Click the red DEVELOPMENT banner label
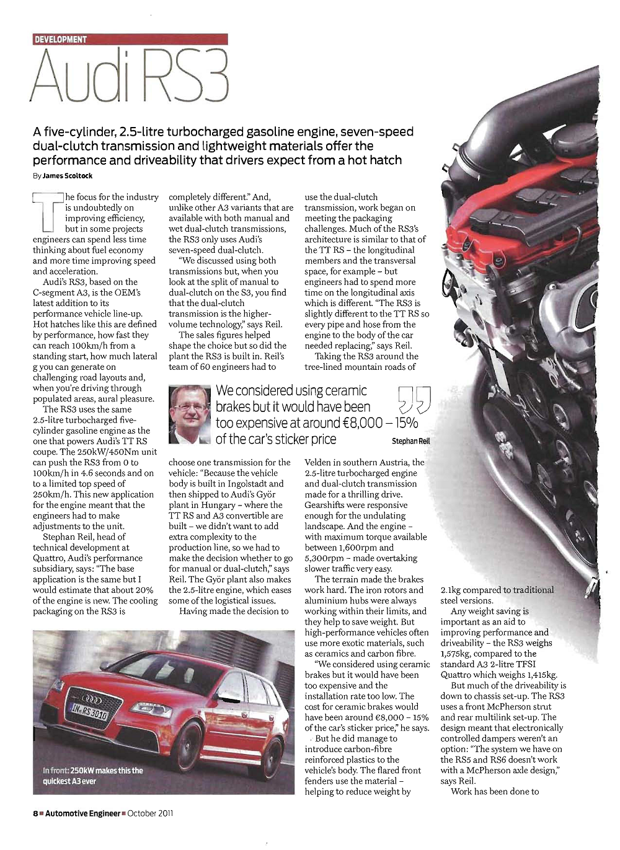click(61, 39)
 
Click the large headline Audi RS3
click(130, 76)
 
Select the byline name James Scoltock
click(68, 176)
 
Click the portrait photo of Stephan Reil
click(190, 414)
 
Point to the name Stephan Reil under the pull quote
click(410, 441)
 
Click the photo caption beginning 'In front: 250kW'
click(93, 776)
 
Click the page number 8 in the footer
click(35, 813)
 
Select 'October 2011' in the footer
click(150, 813)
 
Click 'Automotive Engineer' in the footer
click(83, 813)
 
